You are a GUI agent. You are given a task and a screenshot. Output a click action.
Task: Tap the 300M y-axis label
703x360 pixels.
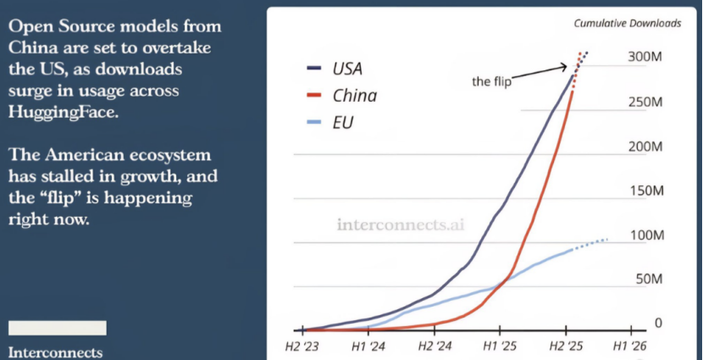pos(645,56)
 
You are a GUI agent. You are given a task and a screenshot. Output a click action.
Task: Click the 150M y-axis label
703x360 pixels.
pos(645,190)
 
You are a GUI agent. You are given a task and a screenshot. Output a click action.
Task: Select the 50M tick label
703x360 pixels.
pos(648,279)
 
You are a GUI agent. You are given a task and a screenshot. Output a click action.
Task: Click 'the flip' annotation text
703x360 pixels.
pos(491,82)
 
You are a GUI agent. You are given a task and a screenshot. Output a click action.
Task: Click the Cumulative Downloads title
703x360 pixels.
pos(628,23)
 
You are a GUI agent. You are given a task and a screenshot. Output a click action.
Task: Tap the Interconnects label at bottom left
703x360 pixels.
pos(56,351)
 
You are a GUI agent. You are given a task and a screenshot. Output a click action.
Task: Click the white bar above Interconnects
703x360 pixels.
pos(57,328)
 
